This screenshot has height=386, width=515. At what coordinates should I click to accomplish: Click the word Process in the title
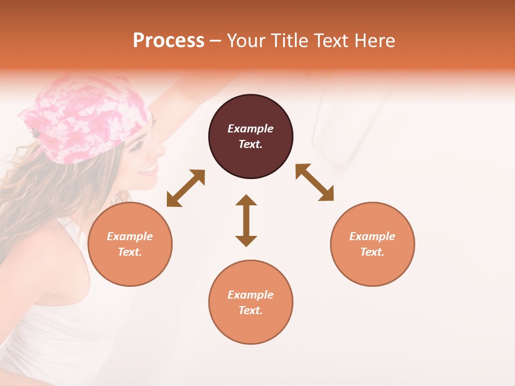pyautogui.click(x=168, y=41)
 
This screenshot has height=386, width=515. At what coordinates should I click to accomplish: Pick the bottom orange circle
pyautogui.click(x=251, y=327)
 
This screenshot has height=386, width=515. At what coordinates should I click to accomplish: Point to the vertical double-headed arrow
pyautogui.click(x=246, y=220)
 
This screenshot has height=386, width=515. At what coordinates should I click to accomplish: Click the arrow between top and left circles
pyautogui.click(x=186, y=188)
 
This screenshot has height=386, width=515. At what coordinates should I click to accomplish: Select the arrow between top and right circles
pyautogui.click(x=315, y=182)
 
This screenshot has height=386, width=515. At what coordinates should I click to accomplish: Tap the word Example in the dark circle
pyautogui.click(x=251, y=129)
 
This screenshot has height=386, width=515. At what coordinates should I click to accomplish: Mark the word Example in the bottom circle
pyautogui.click(x=251, y=295)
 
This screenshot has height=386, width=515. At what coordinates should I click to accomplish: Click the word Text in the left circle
pyautogui.click(x=129, y=252)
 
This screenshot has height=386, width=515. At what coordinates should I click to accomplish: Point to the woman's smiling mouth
pyautogui.click(x=148, y=170)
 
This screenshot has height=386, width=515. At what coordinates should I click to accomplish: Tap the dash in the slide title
pyautogui.click(x=216, y=41)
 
